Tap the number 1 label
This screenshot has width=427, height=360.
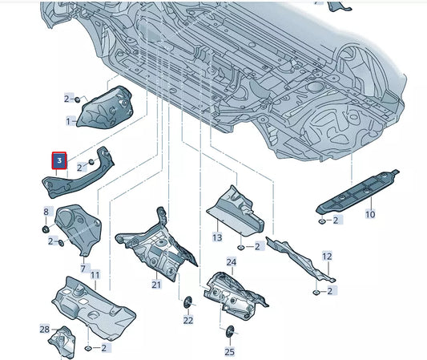[x=69, y=121]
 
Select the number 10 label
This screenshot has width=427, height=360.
[x=369, y=214]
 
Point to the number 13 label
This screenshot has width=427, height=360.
[x=216, y=238]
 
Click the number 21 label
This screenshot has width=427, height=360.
[x=156, y=285]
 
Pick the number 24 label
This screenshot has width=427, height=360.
[x=231, y=262]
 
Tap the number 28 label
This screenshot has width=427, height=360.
[x=45, y=330]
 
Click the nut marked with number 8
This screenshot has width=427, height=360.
[x=46, y=229]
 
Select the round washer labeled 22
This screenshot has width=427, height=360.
[x=187, y=301]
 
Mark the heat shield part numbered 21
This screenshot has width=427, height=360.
[x=156, y=245]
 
